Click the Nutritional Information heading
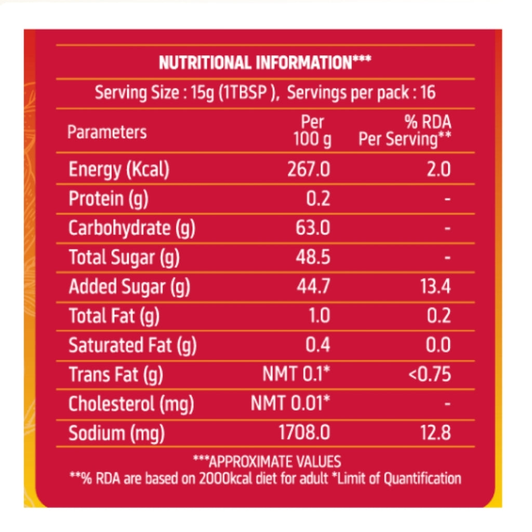pyautogui.click(x=265, y=63)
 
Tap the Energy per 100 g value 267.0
pyautogui.click(x=308, y=170)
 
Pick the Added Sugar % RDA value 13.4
pyautogui.click(x=435, y=287)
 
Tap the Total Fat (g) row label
pyautogui.click(x=114, y=316)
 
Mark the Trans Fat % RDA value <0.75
pyautogui.click(x=429, y=374)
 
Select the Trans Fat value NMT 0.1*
pyautogui.click(x=296, y=374)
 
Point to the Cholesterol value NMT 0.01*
pyautogui.click(x=290, y=404)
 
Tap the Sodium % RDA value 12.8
pyautogui.click(x=435, y=433)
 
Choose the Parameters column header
pyautogui.click(x=107, y=132)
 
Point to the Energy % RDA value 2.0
pyautogui.click(x=438, y=170)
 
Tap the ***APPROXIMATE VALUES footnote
pyautogui.click(x=267, y=461)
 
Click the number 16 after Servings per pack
pyautogui.click(x=428, y=93)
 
